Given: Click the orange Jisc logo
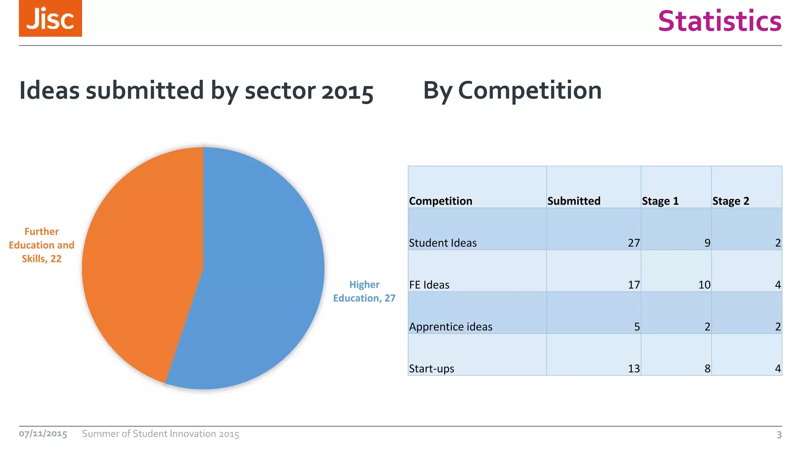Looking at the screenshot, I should (x=50, y=18).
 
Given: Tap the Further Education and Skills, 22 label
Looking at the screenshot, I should (x=41, y=245).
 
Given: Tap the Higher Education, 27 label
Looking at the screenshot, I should (x=364, y=291).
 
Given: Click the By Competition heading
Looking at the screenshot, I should (x=512, y=91).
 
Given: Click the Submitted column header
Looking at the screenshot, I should (x=574, y=201).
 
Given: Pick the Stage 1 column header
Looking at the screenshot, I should (x=660, y=201).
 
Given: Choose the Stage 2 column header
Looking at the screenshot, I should (x=731, y=201).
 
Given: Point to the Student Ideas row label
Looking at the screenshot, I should (x=443, y=243).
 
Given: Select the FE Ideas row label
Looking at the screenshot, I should (x=429, y=285).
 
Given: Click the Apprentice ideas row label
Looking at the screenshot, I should (x=451, y=327).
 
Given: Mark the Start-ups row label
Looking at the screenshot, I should (x=431, y=368).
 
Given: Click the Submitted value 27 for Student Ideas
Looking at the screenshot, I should (x=634, y=243).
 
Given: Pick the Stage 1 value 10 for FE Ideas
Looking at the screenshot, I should (x=704, y=285).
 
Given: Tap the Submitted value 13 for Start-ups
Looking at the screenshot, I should (x=634, y=368).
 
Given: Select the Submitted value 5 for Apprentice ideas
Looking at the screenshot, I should (x=637, y=327).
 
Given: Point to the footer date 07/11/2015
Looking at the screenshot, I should (x=43, y=434).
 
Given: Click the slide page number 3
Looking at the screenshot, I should (x=779, y=435).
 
